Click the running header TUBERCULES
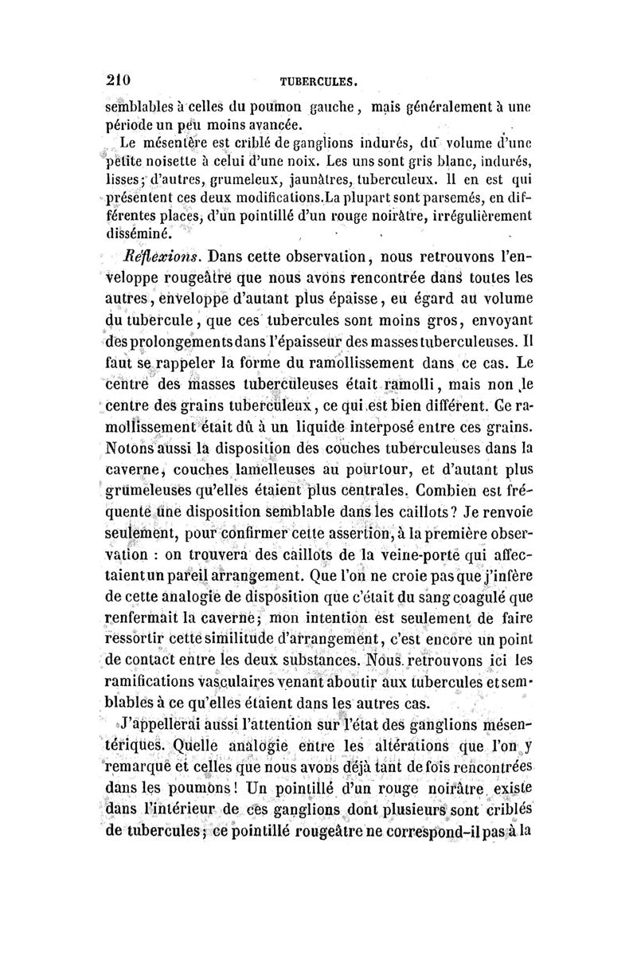point(317,81)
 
